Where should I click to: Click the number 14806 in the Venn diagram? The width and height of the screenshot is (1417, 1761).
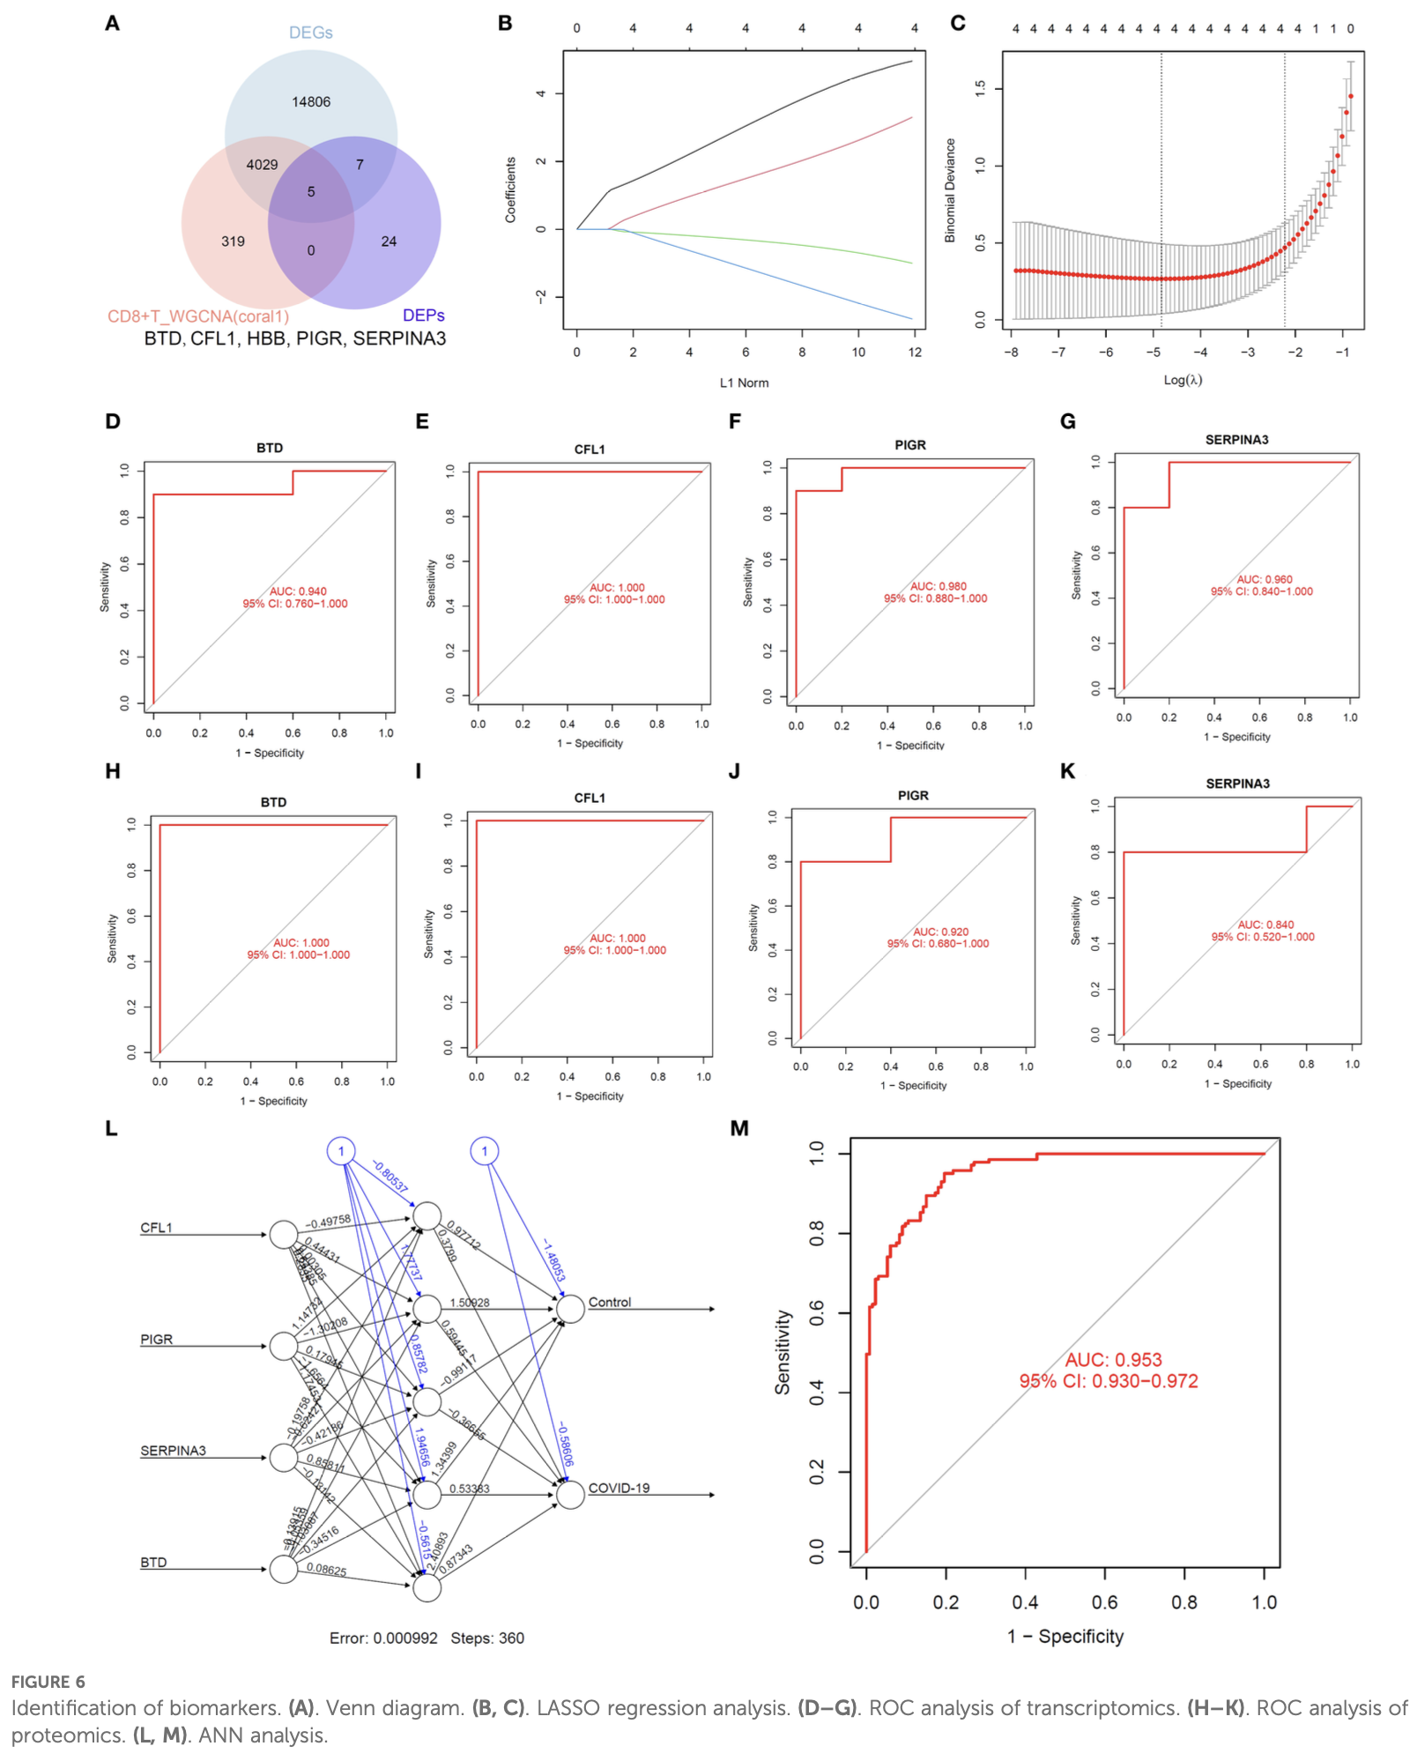click(x=311, y=102)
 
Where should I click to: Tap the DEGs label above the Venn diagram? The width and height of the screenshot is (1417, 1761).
click(x=311, y=33)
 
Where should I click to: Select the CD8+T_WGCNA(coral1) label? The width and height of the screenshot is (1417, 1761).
click(x=198, y=316)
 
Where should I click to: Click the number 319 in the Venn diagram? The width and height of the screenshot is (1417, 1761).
click(x=233, y=241)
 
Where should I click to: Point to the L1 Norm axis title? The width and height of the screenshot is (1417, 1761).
click(x=744, y=383)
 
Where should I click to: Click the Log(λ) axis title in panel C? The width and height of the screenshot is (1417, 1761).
click(x=1183, y=380)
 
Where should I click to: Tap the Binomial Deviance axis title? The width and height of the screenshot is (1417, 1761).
click(x=950, y=190)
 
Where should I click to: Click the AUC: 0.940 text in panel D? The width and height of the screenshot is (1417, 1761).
click(x=298, y=591)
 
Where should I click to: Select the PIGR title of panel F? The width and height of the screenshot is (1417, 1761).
click(x=910, y=445)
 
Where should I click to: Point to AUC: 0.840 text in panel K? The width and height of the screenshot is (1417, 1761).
click(x=1265, y=925)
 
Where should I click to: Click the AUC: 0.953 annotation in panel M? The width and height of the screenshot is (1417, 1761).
click(x=1113, y=1360)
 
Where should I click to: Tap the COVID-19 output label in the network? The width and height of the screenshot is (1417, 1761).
click(x=619, y=1489)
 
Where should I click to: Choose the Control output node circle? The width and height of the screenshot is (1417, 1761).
click(x=570, y=1310)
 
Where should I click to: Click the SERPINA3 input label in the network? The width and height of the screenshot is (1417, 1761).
click(x=173, y=1451)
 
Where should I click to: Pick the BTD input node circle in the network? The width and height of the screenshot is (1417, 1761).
click(x=284, y=1570)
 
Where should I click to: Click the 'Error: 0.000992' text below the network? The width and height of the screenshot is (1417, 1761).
click(x=383, y=1638)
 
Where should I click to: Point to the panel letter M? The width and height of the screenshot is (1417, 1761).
click(x=739, y=1128)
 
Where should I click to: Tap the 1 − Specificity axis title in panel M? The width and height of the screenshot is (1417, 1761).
click(x=1065, y=1637)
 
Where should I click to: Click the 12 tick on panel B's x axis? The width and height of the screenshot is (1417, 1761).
click(x=915, y=353)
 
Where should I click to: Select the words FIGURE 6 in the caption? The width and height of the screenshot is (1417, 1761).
click(x=48, y=1682)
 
